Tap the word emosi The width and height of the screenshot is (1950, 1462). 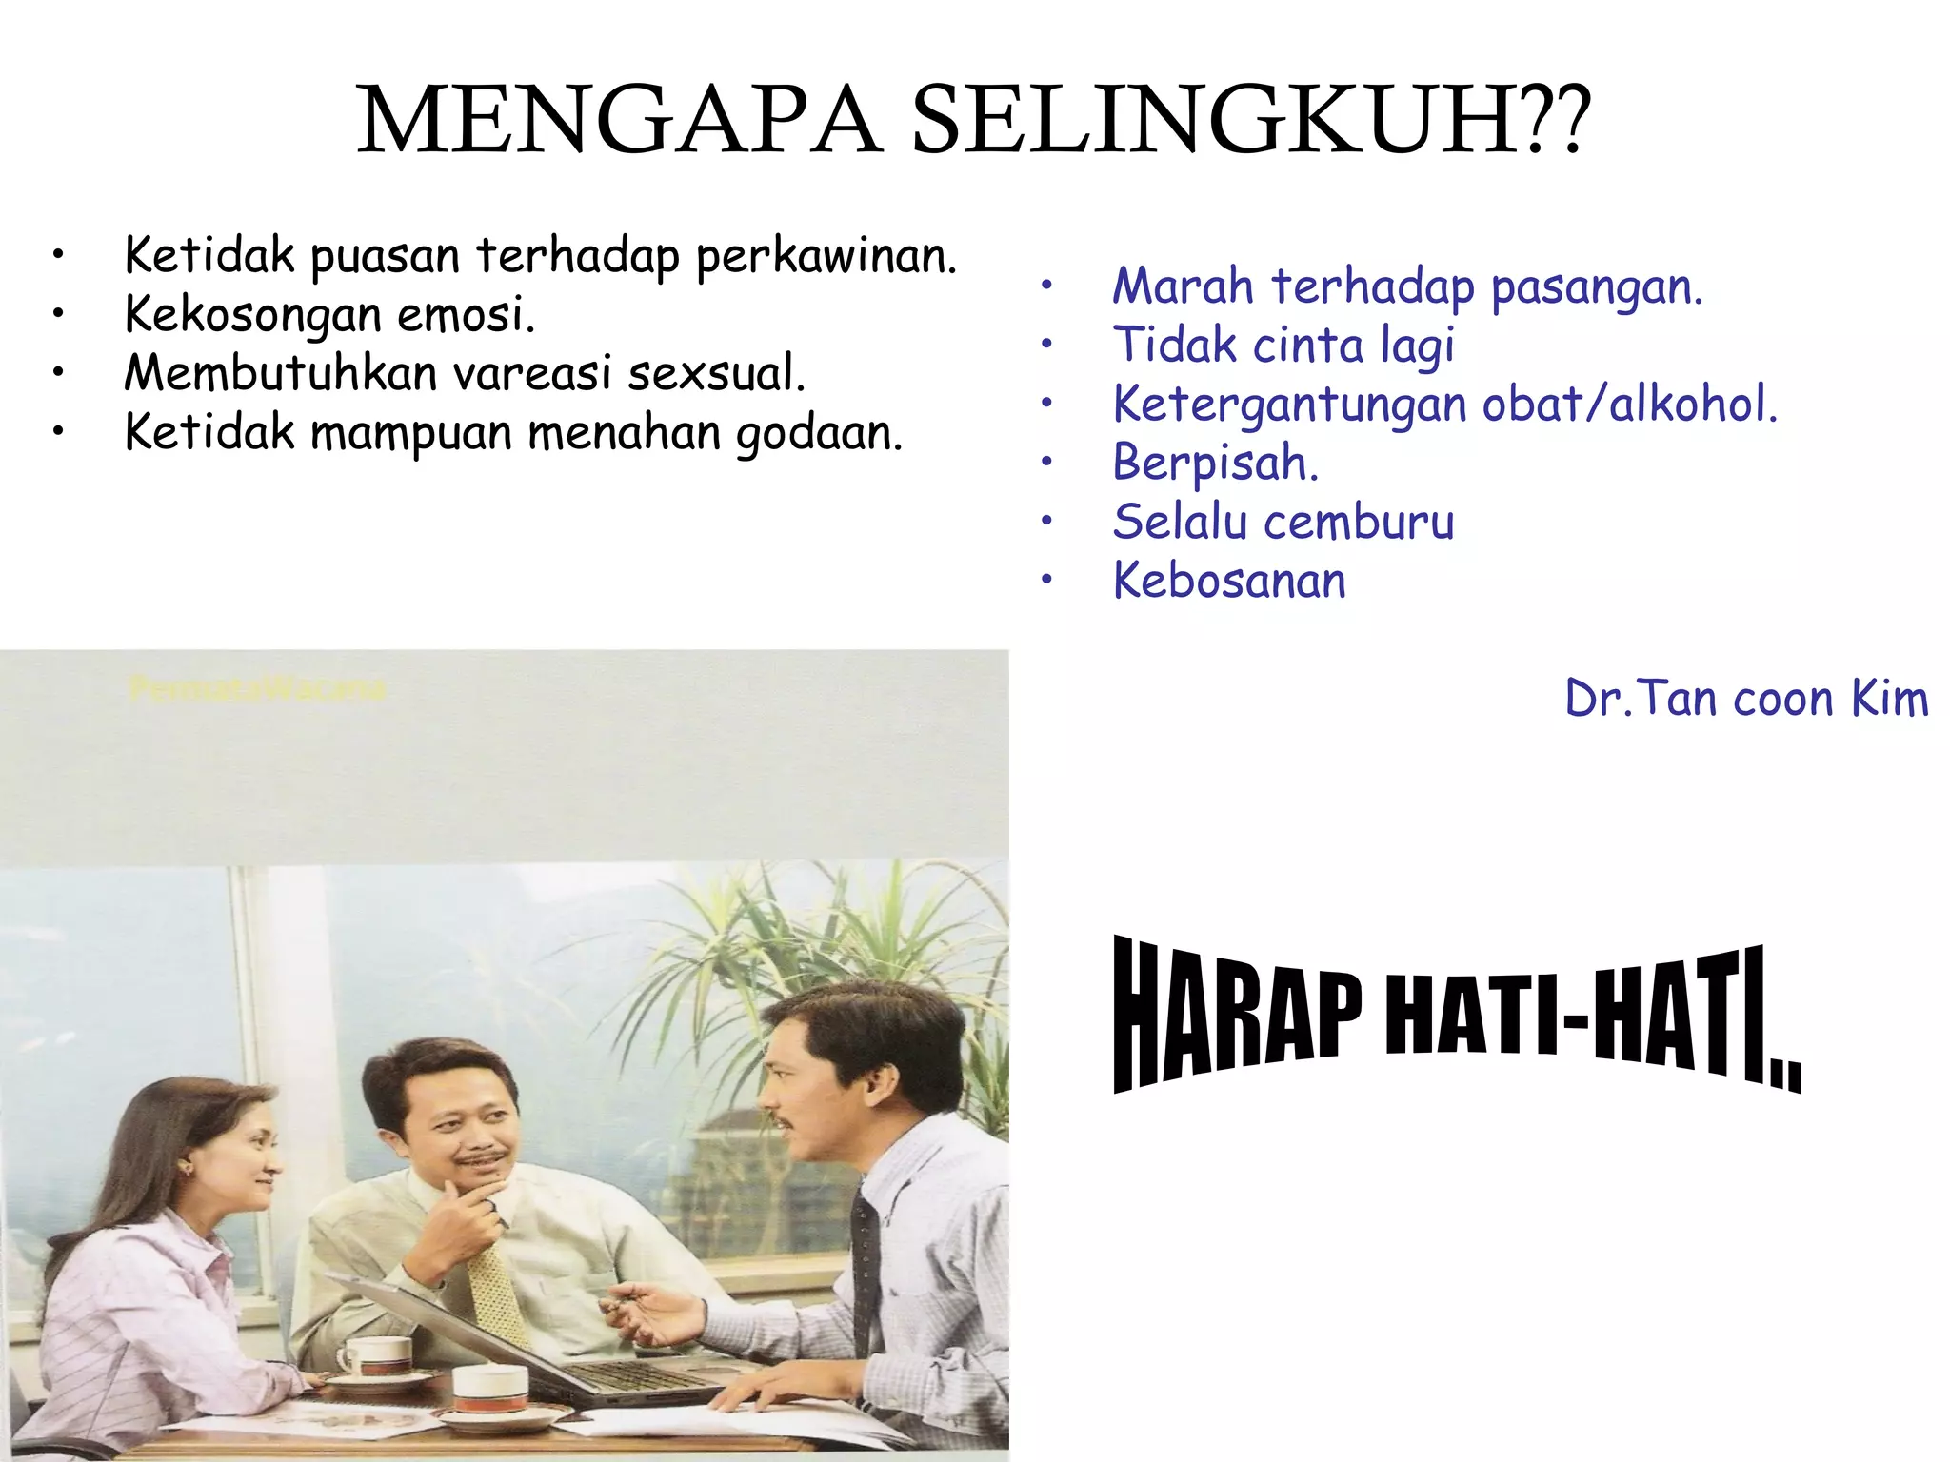[x=466, y=314]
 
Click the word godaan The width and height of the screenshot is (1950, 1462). [x=819, y=432]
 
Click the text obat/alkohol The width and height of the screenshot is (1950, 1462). [x=1629, y=404]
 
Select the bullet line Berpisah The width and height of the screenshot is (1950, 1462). [x=1215, y=463]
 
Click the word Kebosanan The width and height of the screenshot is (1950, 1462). [x=1229, y=581]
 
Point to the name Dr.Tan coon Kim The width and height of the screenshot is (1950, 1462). [x=1746, y=698]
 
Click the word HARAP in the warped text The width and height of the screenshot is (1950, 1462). [x=1238, y=1015]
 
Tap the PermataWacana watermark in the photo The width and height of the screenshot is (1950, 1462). [x=257, y=689]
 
